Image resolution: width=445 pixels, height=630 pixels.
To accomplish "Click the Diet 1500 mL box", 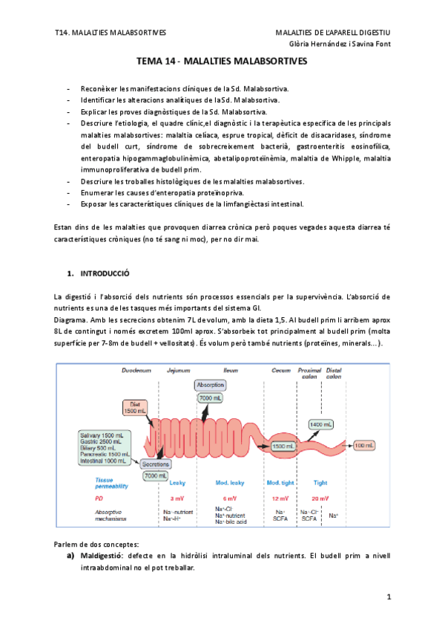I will click(135, 406).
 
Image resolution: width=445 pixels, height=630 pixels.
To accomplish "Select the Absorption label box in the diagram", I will click(209, 385).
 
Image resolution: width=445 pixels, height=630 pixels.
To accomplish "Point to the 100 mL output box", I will click(364, 445).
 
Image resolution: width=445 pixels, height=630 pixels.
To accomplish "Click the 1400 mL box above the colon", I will click(321, 423).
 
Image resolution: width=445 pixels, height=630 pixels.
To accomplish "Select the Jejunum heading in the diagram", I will click(179, 368).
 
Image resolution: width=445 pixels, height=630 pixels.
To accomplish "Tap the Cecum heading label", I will click(281, 368).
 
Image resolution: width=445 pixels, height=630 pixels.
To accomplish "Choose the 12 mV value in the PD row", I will click(280, 497).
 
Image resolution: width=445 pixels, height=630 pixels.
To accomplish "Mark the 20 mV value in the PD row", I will click(320, 497).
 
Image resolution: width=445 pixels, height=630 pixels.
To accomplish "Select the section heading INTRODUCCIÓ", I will click(105, 273).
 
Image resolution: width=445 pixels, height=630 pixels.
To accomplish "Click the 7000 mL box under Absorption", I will click(208, 399).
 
